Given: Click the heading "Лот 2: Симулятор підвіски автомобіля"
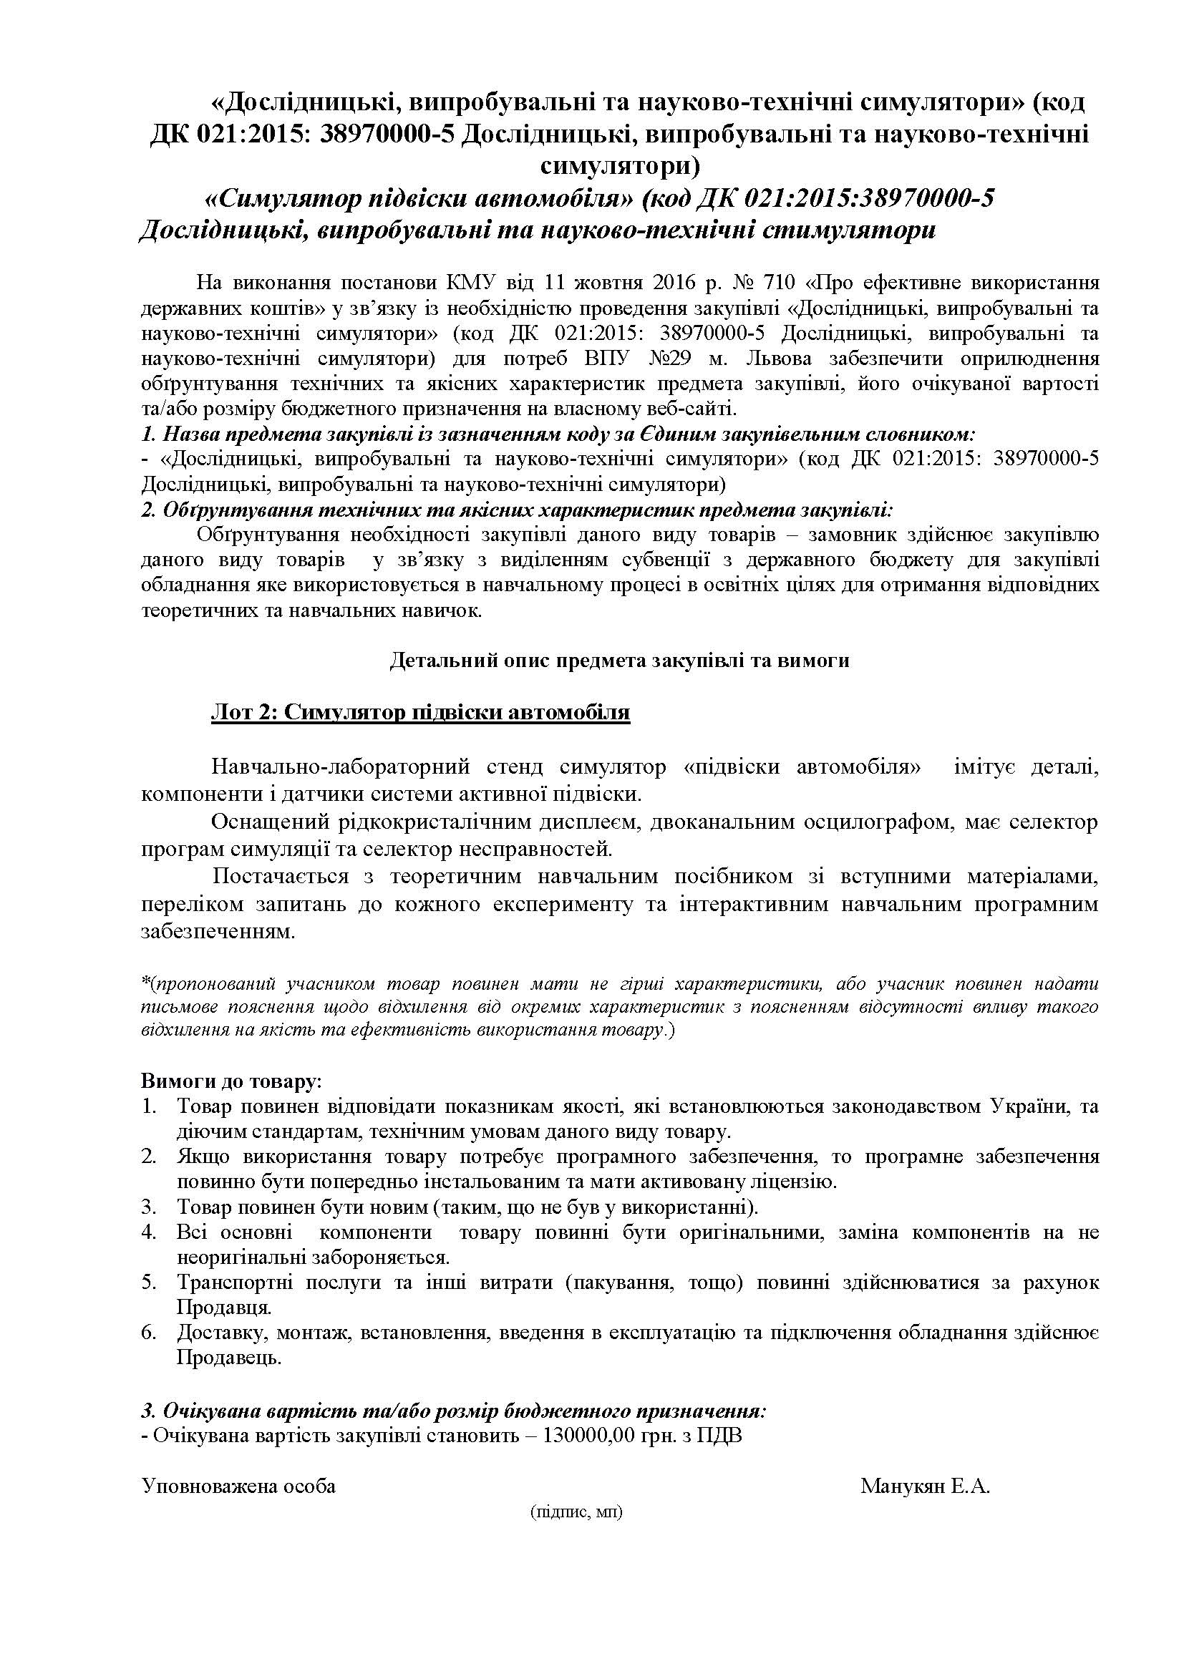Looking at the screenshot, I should point(420,711).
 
